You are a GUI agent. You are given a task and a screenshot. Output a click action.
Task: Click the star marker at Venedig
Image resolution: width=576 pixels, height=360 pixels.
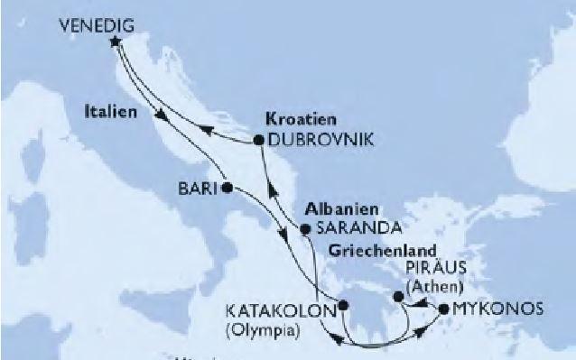click(x=115, y=42)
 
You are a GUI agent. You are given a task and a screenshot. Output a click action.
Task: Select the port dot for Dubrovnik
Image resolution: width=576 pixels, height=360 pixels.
click(x=258, y=141)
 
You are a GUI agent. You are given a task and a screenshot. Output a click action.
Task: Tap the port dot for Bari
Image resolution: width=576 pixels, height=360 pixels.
click(x=228, y=188)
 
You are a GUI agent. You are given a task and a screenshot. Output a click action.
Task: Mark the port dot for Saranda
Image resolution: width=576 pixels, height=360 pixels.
click(x=305, y=228)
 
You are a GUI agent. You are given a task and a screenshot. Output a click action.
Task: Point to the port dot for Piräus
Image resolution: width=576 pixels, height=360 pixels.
click(x=397, y=295)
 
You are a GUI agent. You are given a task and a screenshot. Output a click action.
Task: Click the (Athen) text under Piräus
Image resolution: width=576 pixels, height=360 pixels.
click(x=435, y=288)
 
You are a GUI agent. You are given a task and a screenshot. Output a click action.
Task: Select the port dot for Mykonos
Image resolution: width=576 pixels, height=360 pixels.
click(x=442, y=309)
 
